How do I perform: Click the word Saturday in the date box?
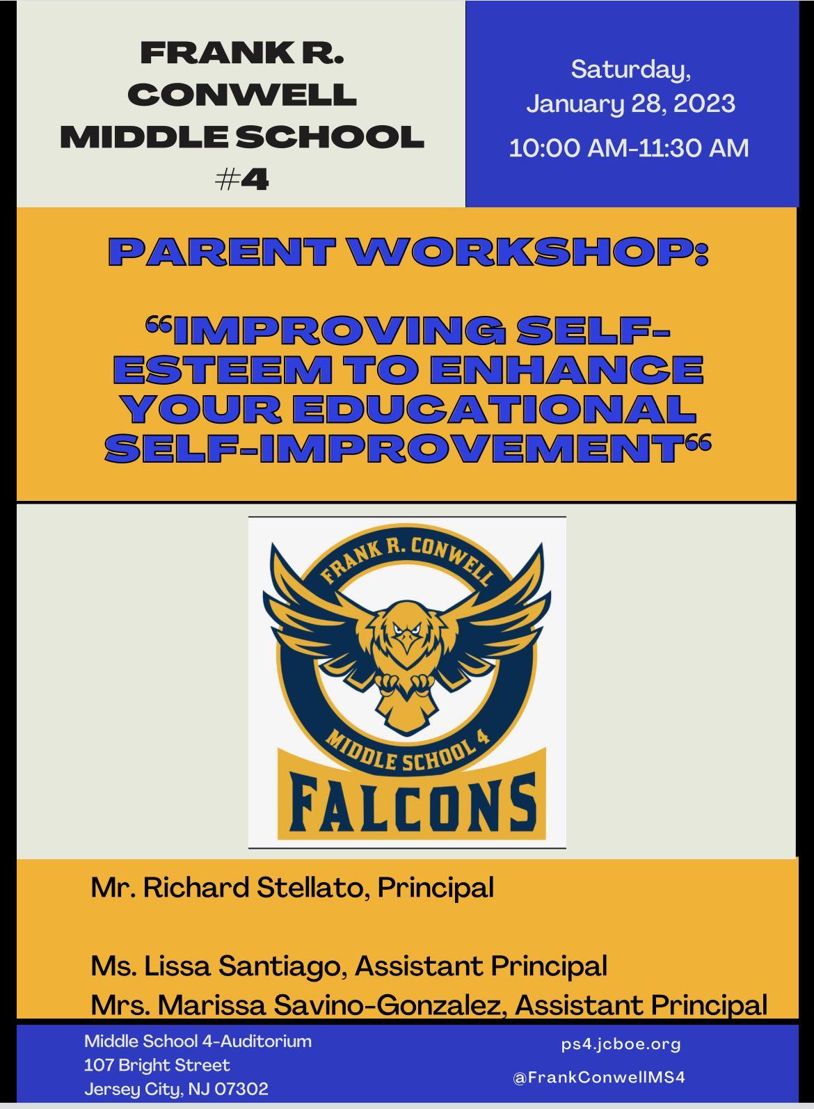[x=630, y=70]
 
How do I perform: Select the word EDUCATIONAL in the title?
[x=493, y=409]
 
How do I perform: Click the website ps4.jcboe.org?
[x=621, y=1044]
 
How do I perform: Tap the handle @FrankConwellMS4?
[x=599, y=1077]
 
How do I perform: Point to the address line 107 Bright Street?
[x=157, y=1065]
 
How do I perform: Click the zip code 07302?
[x=241, y=1089]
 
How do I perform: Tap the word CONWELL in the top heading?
[x=242, y=94]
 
